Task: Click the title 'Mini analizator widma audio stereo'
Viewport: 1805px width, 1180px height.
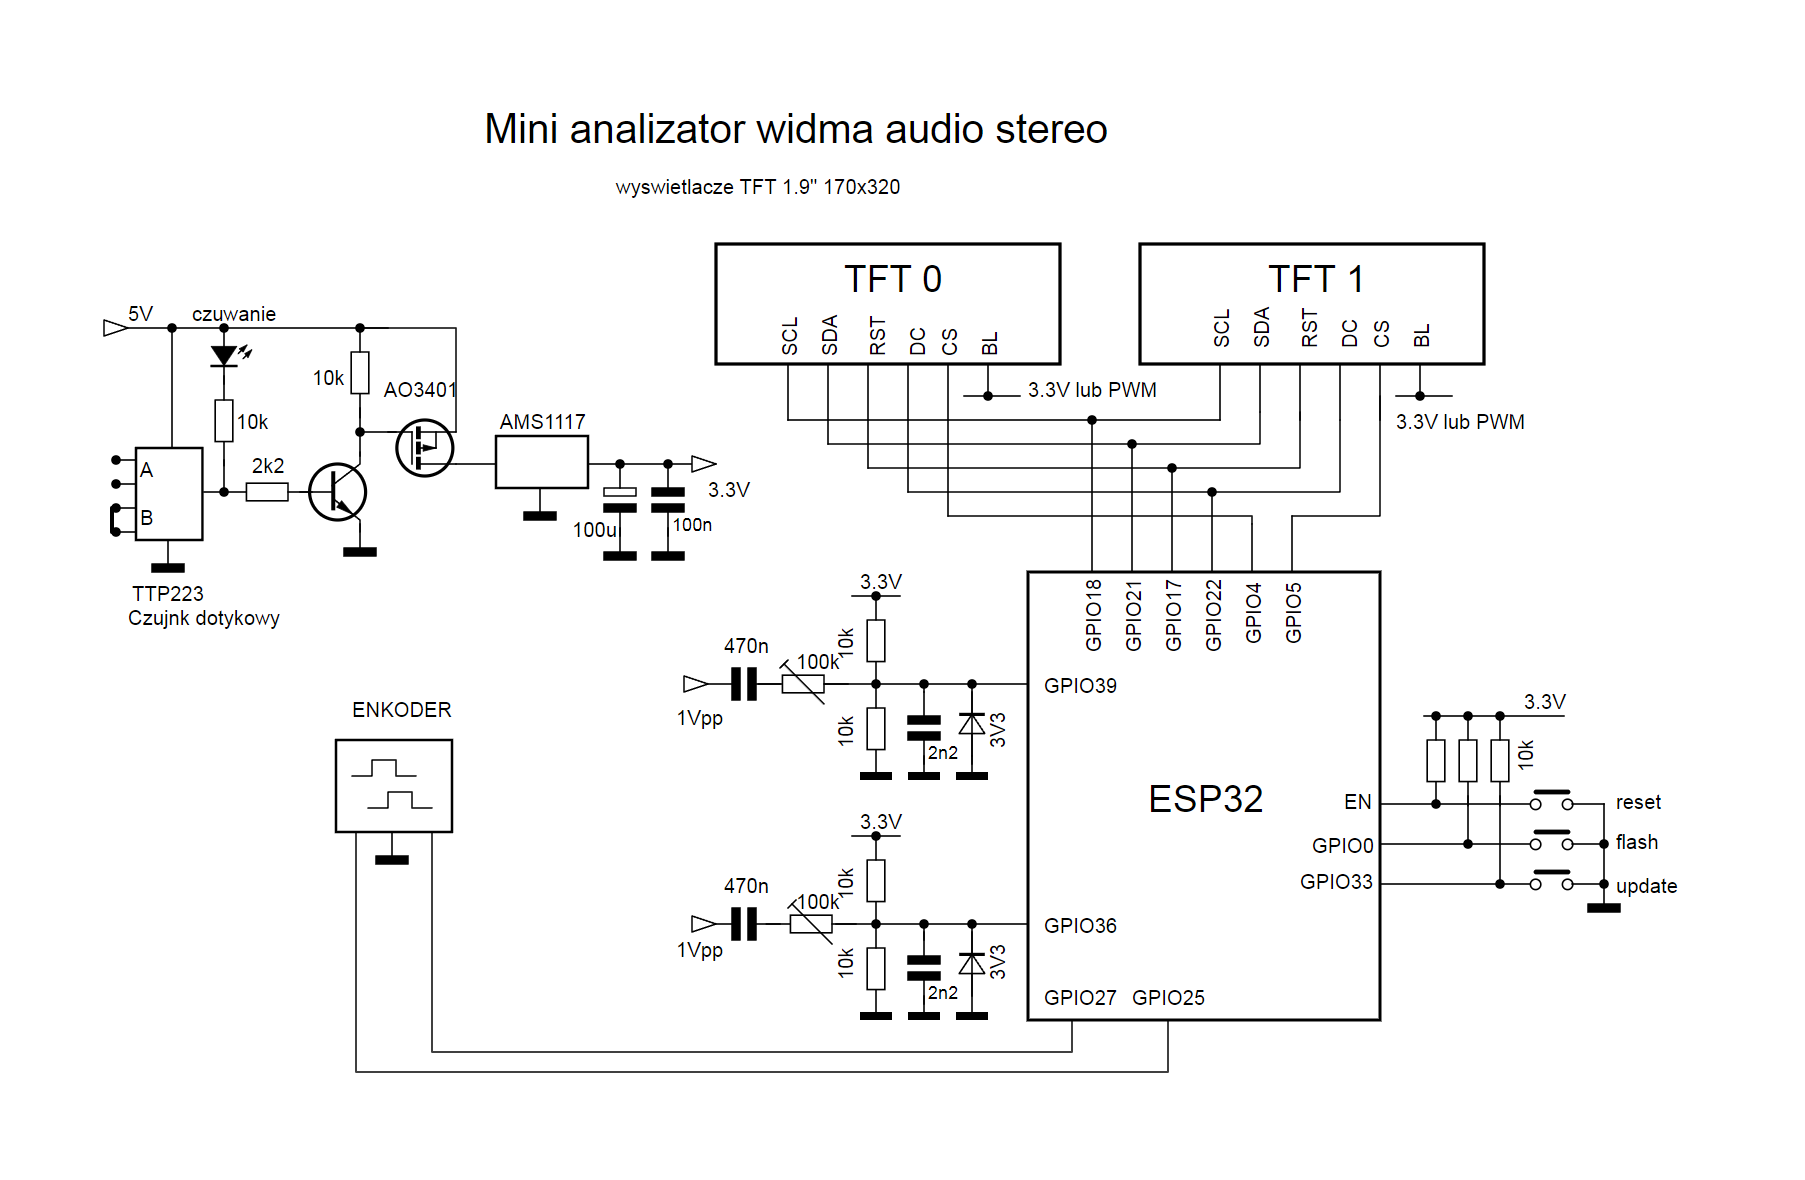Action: click(796, 129)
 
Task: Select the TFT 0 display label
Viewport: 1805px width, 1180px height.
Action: click(893, 279)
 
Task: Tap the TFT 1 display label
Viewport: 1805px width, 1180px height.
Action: click(1316, 279)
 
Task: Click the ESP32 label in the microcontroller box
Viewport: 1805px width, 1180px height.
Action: click(1206, 799)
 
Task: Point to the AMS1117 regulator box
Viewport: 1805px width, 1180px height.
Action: click(542, 462)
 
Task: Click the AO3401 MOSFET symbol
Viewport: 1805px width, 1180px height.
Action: click(424, 447)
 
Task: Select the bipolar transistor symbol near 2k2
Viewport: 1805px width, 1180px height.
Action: click(338, 492)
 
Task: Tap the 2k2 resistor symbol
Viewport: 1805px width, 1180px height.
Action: click(267, 492)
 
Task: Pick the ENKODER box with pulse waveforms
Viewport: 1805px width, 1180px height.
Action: click(394, 786)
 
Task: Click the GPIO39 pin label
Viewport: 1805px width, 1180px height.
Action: click(1080, 686)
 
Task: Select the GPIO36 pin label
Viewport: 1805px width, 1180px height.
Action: click(1080, 926)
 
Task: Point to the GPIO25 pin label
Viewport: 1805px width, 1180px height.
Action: click(1168, 998)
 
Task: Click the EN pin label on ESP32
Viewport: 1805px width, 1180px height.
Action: click(1357, 802)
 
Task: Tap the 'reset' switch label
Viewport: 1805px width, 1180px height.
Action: click(1638, 802)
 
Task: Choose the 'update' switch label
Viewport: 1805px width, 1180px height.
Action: click(1646, 887)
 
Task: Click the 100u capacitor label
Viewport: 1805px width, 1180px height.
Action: click(594, 530)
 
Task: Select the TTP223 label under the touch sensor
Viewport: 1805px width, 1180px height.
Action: click(168, 594)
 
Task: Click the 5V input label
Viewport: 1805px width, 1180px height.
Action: click(140, 314)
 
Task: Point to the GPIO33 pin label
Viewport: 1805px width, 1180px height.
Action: click(1336, 882)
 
